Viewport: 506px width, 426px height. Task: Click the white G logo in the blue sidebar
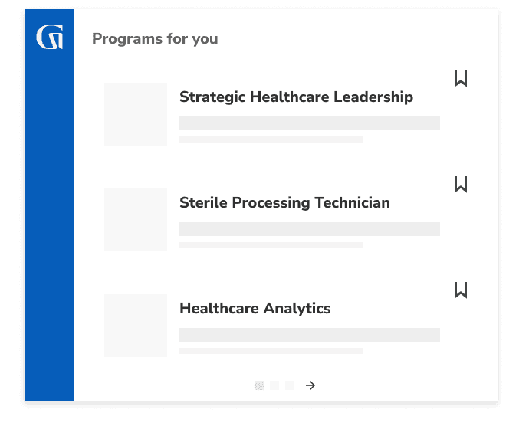tap(49, 38)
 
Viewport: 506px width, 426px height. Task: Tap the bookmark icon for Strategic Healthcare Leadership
tap(461, 78)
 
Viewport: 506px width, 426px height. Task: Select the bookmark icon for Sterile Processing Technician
tap(461, 184)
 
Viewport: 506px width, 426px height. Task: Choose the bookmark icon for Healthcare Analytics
tap(461, 290)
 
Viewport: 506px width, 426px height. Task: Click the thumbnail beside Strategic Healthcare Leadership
tap(136, 114)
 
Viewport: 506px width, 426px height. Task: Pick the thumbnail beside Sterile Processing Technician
tap(136, 220)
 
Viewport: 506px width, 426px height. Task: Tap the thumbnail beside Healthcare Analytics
tap(136, 326)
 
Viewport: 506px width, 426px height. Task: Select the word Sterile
tap(202, 203)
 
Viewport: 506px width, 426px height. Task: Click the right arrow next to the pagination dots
tap(310, 385)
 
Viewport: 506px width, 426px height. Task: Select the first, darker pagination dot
tap(259, 385)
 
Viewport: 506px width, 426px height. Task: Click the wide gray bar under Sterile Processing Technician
tap(310, 229)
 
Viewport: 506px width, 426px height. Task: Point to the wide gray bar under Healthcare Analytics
tap(310, 335)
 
